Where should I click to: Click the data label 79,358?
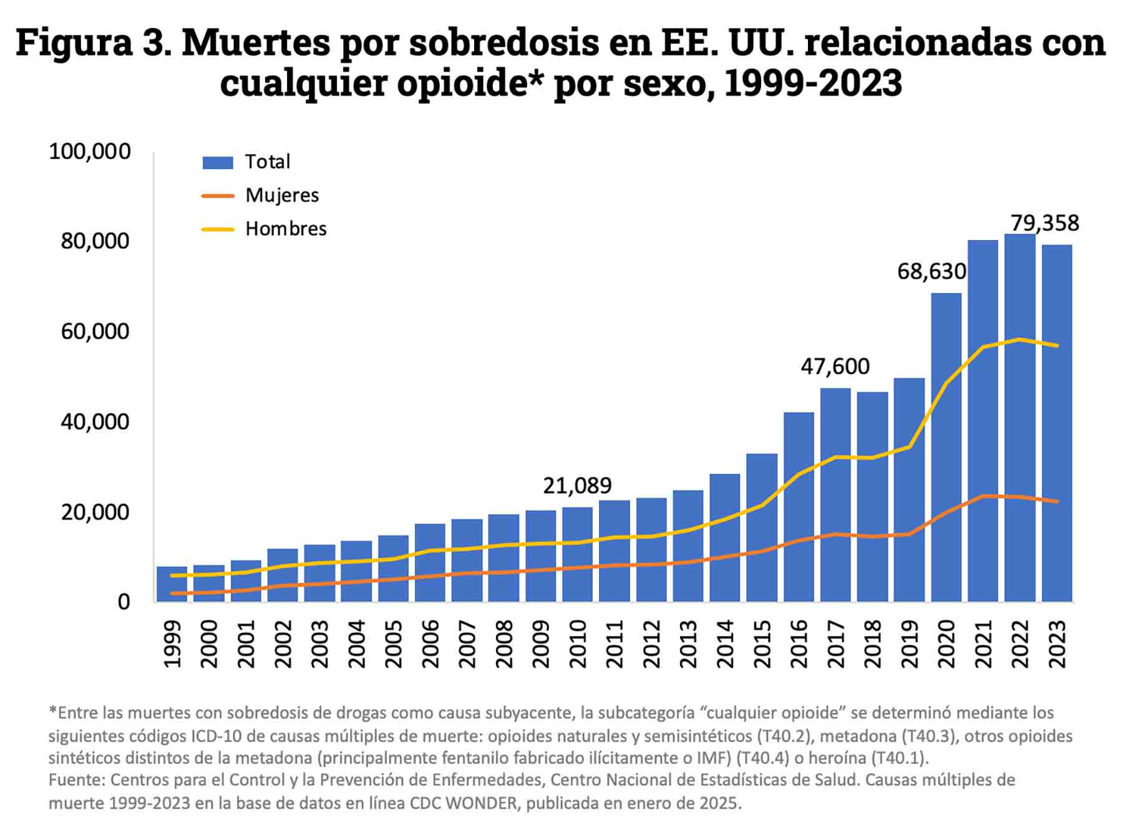pos(1044,223)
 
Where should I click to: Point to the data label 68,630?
pos(931,271)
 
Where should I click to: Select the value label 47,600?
pos(835,366)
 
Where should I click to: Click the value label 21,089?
pos(577,485)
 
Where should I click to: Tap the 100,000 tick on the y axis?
pos(90,151)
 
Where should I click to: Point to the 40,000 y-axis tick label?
pos(95,421)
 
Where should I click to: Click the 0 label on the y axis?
pos(124,602)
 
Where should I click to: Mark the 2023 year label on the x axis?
pos(1057,643)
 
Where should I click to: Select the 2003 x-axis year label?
pos(320,643)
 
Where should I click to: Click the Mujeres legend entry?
pos(282,195)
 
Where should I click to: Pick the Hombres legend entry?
pos(286,229)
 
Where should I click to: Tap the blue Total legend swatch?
pos(218,162)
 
